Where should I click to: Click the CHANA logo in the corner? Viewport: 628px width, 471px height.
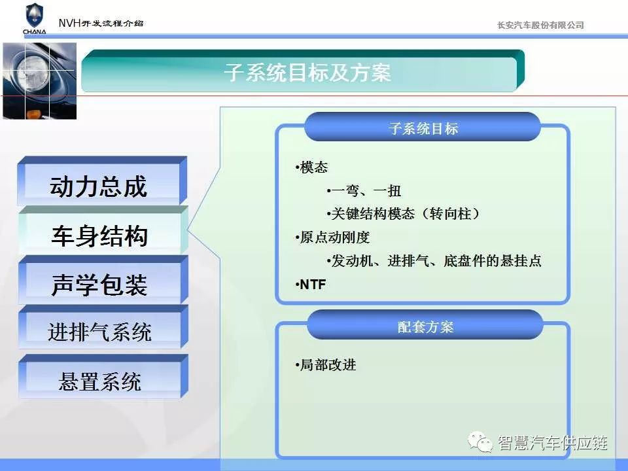(35, 18)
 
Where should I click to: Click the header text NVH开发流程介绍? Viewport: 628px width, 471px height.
(101, 23)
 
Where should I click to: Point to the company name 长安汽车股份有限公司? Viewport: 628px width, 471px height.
(540, 26)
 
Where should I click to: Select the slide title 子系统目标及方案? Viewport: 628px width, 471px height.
(307, 73)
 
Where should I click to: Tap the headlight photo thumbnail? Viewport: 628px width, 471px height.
(40, 81)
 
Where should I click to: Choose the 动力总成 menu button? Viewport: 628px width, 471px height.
(102, 181)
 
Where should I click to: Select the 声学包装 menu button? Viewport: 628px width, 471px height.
(103, 280)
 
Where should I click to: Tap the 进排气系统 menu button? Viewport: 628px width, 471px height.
(103, 327)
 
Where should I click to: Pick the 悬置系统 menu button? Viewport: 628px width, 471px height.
(103, 377)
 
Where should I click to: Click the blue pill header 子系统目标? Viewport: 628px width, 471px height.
(423, 128)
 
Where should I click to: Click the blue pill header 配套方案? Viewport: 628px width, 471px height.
(425, 325)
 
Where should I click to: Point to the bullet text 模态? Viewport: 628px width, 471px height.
(311, 167)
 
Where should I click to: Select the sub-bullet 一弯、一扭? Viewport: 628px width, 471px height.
(364, 190)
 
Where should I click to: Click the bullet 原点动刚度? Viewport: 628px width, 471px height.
(332, 237)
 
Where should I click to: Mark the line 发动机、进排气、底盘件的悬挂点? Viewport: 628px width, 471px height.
(434, 261)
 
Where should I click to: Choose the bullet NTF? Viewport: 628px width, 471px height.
(310, 285)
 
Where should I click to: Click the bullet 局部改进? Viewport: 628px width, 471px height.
(325, 365)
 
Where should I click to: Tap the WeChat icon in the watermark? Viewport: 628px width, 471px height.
(480, 442)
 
